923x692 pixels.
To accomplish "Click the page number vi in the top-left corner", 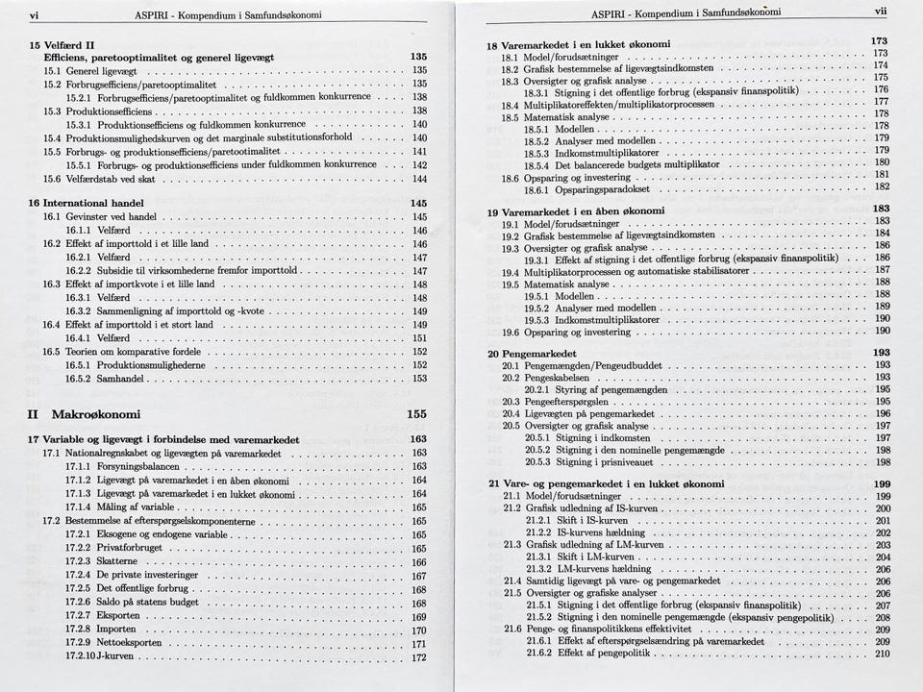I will click(35, 15).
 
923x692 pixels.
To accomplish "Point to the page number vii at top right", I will click(881, 12).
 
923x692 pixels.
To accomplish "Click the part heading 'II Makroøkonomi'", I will click(85, 414).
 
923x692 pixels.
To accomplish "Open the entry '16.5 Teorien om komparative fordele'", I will click(125, 352).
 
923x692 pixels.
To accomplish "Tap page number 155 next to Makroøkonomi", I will click(416, 414).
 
